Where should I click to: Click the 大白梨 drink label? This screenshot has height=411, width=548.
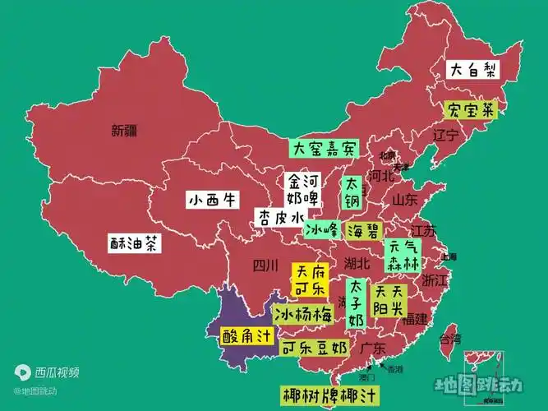point(472,70)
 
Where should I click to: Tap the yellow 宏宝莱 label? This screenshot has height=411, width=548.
point(471,110)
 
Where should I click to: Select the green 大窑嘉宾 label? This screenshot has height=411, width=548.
point(324,149)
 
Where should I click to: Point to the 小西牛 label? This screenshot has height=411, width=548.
point(212,200)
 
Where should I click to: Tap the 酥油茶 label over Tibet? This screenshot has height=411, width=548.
point(135,243)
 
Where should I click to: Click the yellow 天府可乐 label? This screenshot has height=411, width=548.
point(309,279)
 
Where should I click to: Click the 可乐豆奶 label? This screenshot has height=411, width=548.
point(314,349)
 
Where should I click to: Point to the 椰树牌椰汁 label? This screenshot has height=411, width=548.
point(329,395)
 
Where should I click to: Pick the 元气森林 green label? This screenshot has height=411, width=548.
point(403,255)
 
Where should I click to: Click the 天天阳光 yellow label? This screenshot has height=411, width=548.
point(389,300)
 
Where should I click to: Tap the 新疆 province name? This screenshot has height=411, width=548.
point(126,130)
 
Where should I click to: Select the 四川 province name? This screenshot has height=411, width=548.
point(265,266)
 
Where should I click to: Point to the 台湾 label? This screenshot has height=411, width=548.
point(449,338)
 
